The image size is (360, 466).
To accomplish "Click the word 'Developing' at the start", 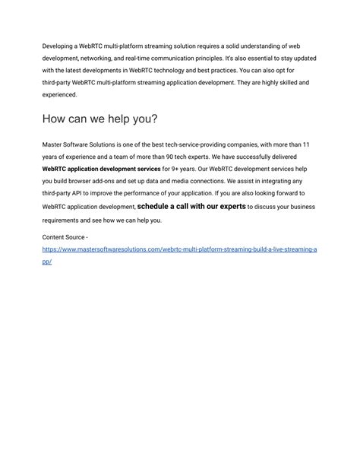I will [x=58, y=46].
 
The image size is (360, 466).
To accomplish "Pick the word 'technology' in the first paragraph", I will [x=179, y=70].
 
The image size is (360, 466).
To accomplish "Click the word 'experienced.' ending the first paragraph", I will [x=60, y=94].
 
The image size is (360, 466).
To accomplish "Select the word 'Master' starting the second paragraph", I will [x=53, y=144].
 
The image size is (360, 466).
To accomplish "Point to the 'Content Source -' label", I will [x=65, y=237].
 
